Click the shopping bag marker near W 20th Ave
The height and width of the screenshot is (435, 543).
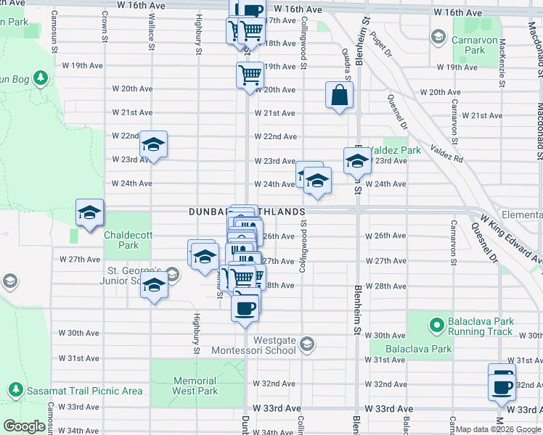339,95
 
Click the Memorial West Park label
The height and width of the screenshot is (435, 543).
195,386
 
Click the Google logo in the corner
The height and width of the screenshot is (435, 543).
24,426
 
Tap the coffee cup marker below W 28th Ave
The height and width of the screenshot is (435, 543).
245,306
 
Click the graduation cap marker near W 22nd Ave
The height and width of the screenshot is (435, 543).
153,145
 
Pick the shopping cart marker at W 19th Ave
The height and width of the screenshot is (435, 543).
250,75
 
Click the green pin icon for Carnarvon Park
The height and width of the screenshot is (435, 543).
438,36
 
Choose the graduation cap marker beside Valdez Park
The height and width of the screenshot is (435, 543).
357,162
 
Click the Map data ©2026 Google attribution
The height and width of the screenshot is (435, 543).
499,429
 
